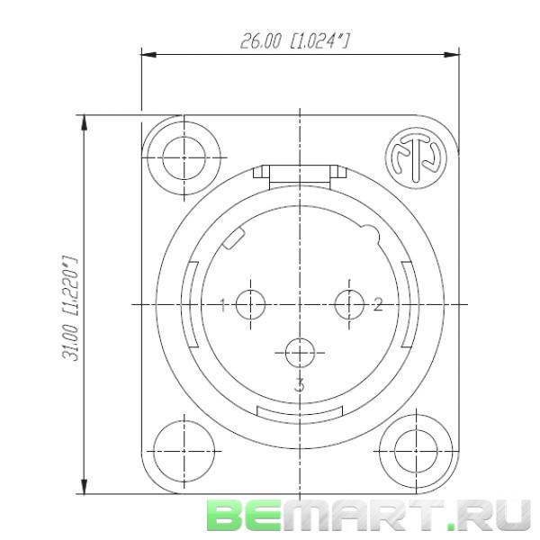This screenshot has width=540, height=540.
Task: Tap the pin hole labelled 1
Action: (250, 305)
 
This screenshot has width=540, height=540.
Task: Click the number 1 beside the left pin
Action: (223, 305)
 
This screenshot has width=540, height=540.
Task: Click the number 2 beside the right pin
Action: (378, 305)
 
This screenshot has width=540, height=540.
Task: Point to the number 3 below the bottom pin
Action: (300, 385)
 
